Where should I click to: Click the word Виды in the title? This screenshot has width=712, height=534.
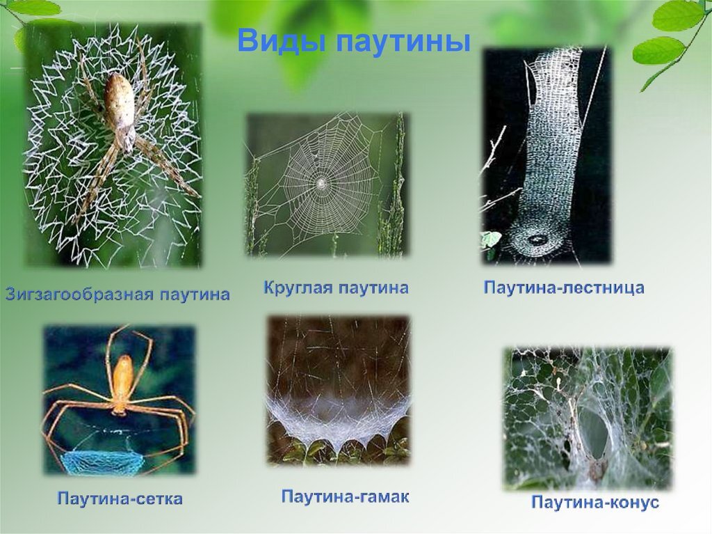click(x=282, y=41)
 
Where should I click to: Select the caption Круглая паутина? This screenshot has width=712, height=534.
click(x=336, y=288)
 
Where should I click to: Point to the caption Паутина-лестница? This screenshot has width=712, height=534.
click(x=564, y=288)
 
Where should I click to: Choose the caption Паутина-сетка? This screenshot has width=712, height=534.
click(x=120, y=498)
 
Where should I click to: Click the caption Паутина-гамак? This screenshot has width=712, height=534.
click(x=345, y=496)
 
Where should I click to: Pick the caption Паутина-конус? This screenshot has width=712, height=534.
click(x=595, y=503)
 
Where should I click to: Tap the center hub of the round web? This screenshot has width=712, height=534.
click(x=321, y=183)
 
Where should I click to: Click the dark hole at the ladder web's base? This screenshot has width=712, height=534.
click(x=537, y=238)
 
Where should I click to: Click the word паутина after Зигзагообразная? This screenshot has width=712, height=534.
click(x=194, y=295)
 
